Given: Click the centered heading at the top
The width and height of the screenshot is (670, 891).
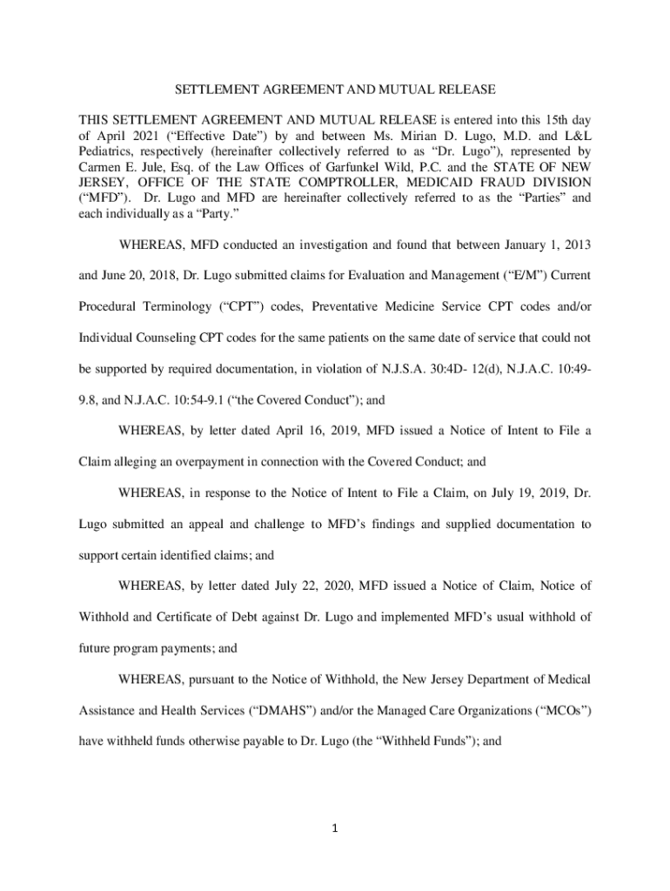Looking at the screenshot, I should pyautogui.click(x=335, y=90).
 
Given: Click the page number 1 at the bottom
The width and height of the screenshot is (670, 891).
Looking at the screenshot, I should pyautogui.click(x=335, y=827).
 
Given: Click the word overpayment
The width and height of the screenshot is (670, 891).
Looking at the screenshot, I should pyautogui.click(x=209, y=463).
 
